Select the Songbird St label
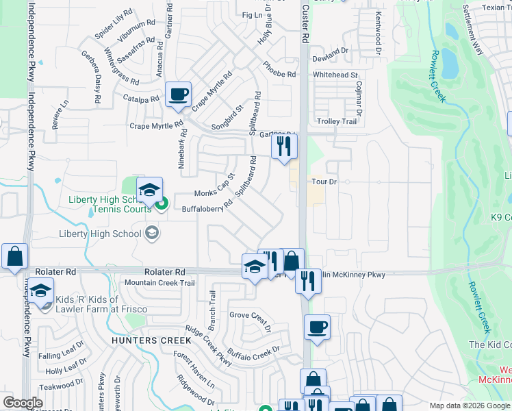[228, 118]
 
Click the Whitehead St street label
[335, 75]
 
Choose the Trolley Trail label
[337, 121]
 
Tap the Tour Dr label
[325, 182]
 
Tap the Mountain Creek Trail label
[159, 283]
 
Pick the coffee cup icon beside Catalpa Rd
[179, 95]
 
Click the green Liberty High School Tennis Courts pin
[162, 203]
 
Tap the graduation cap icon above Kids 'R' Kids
[40, 291]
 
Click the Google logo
[22, 403]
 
